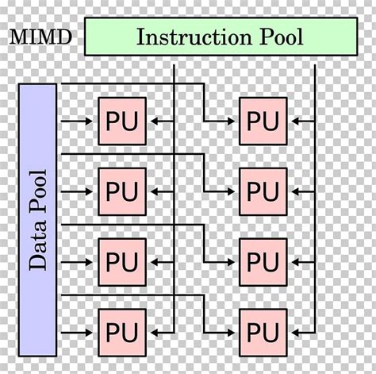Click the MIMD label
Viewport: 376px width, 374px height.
pos(40,37)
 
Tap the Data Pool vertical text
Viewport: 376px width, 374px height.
pos(37,219)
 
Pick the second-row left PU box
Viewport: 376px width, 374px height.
pos(121,191)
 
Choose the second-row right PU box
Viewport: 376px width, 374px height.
pos(263,191)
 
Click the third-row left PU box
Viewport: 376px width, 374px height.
pos(121,260)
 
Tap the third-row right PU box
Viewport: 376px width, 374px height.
pos(263,260)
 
